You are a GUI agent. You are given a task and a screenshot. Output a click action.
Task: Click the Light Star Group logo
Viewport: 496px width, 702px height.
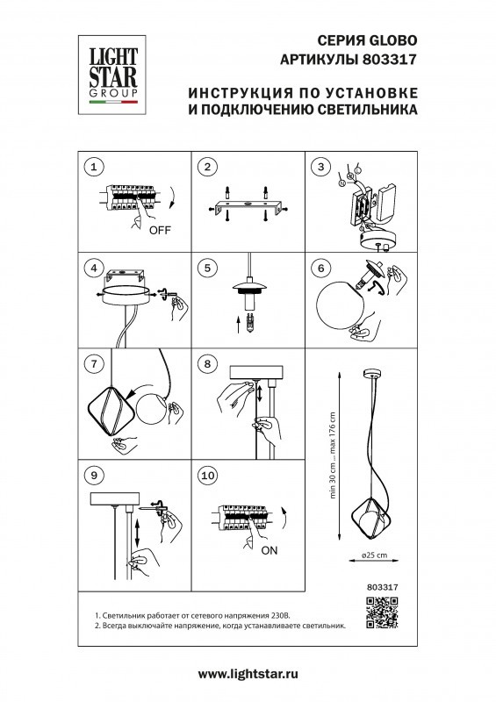[x=109, y=68]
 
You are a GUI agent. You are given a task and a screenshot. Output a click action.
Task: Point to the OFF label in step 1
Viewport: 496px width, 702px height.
[x=159, y=232]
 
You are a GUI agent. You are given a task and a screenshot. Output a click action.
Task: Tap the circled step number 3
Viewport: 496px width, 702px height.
[x=320, y=167]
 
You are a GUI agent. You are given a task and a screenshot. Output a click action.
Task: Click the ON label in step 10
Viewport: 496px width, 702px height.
[x=270, y=550]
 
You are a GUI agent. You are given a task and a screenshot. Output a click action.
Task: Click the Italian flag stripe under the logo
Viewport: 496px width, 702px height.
[x=109, y=104]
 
